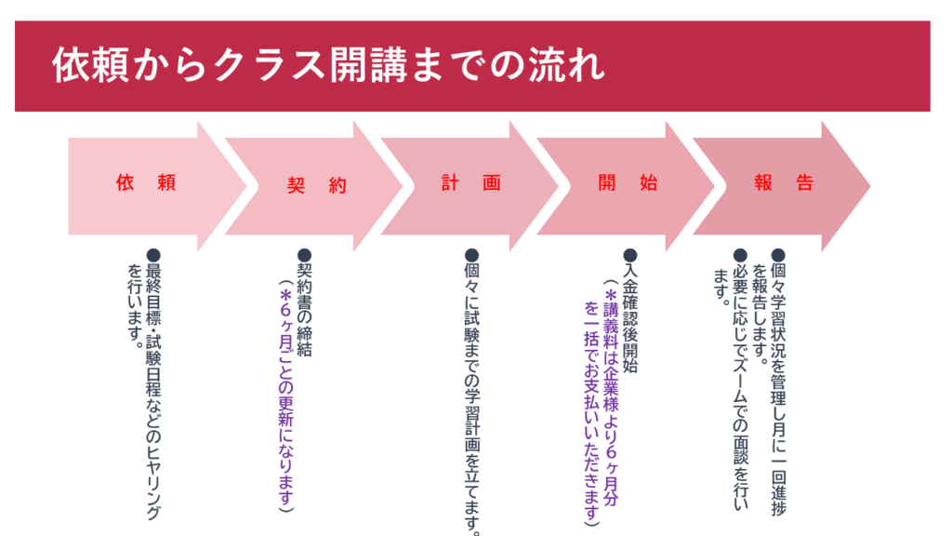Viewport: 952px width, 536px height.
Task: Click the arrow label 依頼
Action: (x=146, y=183)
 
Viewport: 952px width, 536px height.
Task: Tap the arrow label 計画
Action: (x=470, y=183)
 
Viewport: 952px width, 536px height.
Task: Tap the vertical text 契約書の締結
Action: (x=304, y=307)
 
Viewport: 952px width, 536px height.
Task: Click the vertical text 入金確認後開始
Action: (x=629, y=313)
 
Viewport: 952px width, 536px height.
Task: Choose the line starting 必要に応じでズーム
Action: (x=740, y=382)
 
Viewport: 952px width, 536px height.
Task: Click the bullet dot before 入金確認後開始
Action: (x=629, y=254)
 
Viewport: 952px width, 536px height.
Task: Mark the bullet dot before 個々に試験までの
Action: (x=471, y=254)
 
